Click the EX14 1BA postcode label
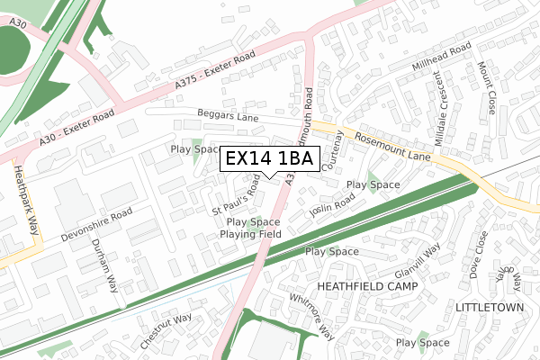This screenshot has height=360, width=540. point(269,159)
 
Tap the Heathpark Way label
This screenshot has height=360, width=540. point(22,201)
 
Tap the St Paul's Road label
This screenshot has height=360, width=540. point(236,199)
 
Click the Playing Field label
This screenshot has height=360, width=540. point(251,235)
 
